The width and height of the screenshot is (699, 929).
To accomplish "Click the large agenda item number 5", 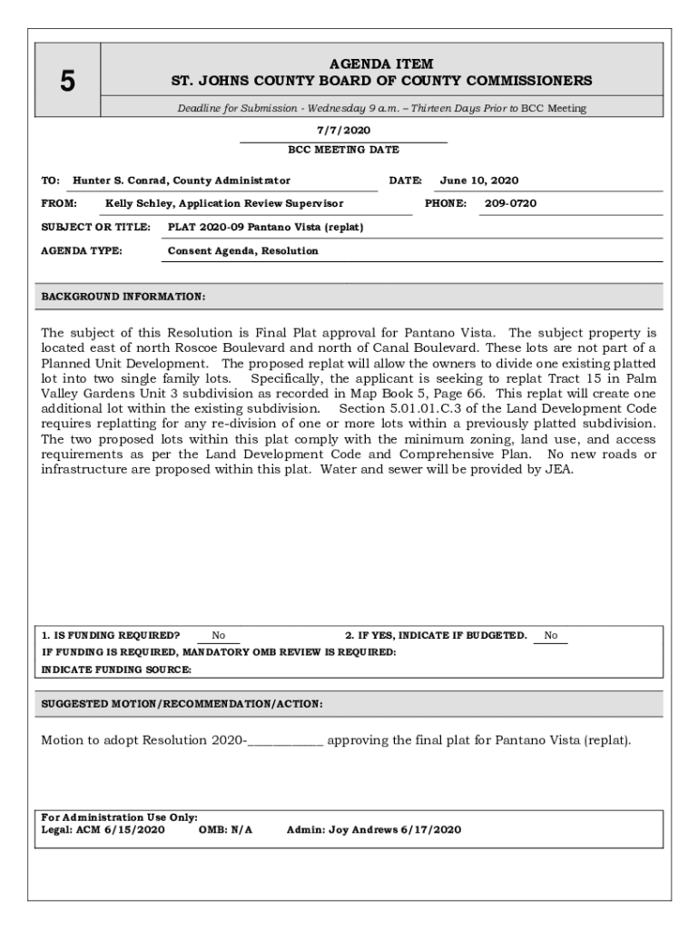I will (68, 83).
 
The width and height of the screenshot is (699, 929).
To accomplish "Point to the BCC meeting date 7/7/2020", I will (343, 131).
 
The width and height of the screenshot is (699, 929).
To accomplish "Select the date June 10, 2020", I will (479, 181).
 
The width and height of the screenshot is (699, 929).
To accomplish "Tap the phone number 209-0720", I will (510, 203).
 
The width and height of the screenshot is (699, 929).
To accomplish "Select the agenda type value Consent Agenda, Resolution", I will (243, 250).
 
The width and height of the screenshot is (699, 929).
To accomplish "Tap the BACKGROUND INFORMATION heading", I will (123, 297).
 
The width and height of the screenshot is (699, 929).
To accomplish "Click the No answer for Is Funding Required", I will (219, 636).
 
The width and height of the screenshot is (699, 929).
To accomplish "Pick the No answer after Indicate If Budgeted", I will (551, 636).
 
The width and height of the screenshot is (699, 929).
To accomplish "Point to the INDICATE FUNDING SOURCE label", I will (117, 670).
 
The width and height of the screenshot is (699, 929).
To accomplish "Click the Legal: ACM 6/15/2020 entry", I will (103, 829).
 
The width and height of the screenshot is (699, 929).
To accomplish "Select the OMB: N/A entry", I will (225, 829).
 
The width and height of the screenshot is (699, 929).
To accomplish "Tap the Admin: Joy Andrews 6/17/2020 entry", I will (374, 829).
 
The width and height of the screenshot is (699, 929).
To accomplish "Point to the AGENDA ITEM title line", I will (381, 64).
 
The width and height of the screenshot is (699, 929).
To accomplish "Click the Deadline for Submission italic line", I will (381, 109).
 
